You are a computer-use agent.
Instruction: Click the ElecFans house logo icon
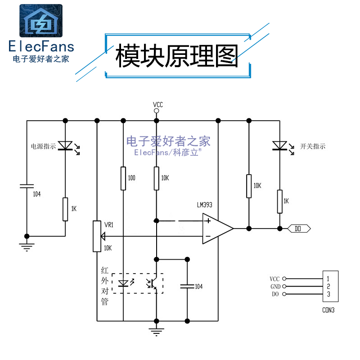tap(40, 21)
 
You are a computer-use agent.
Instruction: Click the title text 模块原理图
tap(177, 56)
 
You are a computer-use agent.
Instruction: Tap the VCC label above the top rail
tap(157, 105)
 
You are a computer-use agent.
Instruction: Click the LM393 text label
tap(204, 205)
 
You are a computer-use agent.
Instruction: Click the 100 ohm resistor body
tap(123, 178)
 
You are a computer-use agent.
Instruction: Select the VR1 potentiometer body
tap(97, 236)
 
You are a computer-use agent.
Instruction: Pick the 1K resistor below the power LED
tap(66, 209)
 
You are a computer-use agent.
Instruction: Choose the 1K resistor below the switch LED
tap(280, 201)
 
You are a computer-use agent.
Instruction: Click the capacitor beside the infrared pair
tap(187, 286)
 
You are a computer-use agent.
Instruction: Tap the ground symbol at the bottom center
tap(157, 333)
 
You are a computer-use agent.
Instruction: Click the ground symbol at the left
tap(27, 245)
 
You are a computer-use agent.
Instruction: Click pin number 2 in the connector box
tap(329, 287)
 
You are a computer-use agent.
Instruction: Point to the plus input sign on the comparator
tap(208, 221)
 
